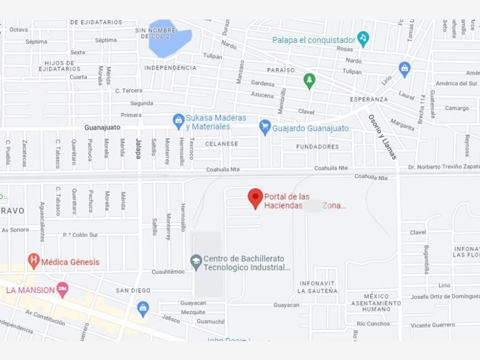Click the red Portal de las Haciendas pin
click(x=255, y=198)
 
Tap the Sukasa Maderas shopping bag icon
click(x=178, y=121)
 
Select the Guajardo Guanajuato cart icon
click(x=265, y=127)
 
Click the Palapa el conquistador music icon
click(x=363, y=38)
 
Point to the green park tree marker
click(x=309, y=80)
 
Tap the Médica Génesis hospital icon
click(x=34, y=262)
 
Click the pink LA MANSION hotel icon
click(x=62, y=289)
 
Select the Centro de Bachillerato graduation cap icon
click(x=196, y=262)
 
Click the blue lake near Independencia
click(x=170, y=39)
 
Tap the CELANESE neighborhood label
click(x=222, y=144)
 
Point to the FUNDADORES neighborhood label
click(x=318, y=147)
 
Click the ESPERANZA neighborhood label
click(x=369, y=99)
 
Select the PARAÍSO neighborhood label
click(x=281, y=70)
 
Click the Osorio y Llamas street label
click(x=382, y=136)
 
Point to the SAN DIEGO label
click(x=133, y=290)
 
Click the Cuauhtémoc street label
click(x=169, y=271)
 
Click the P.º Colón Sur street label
click(x=81, y=235)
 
